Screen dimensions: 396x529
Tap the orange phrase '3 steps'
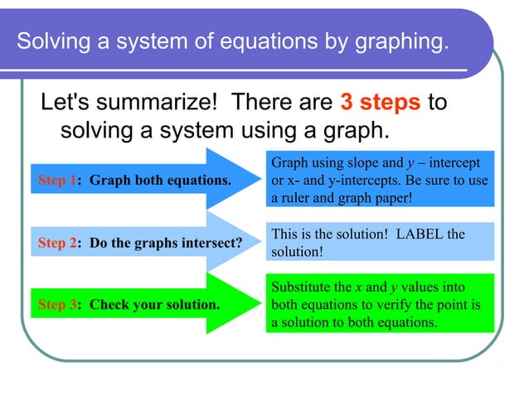(x=381, y=103)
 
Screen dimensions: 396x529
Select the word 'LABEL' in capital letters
(x=422, y=234)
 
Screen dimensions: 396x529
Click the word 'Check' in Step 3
(x=107, y=304)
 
